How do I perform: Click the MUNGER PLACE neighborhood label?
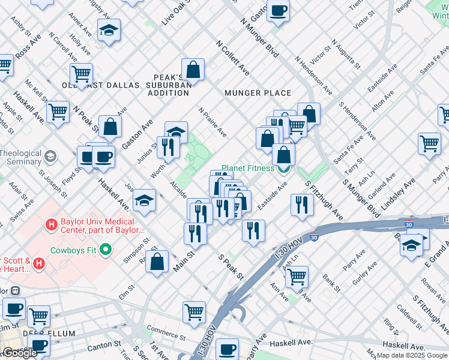258,93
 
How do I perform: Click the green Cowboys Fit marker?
106,249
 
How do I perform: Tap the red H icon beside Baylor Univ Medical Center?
52,224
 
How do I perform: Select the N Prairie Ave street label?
212,122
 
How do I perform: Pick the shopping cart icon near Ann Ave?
297,276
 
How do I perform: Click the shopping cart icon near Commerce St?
194,311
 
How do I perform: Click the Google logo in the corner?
20,353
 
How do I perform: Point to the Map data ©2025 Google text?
412,355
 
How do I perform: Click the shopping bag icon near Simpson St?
157,262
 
